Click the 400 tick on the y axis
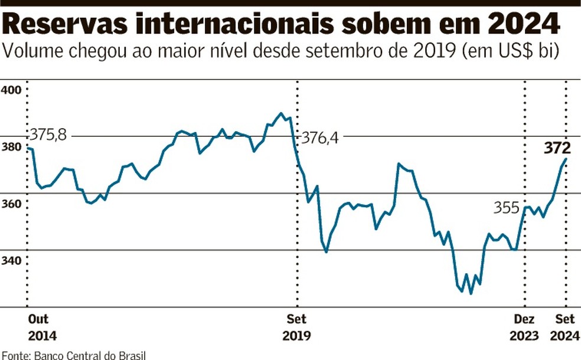click(x=11, y=90)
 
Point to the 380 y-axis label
click(x=11, y=147)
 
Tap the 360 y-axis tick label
click(x=11, y=204)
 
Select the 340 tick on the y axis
click(x=11, y=260)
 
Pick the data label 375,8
click(x=50, y=135)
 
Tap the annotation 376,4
click(x=321, y=138)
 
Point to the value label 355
click(x=507, y=208)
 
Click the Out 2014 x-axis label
click(x=43, y=328)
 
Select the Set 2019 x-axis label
click(x=296, y=328)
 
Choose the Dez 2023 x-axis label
click(x=524, y=328)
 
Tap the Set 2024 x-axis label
click(x=566, y=328)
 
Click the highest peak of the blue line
click(x=281, y=113)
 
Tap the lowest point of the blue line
click(x=471, y=293)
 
